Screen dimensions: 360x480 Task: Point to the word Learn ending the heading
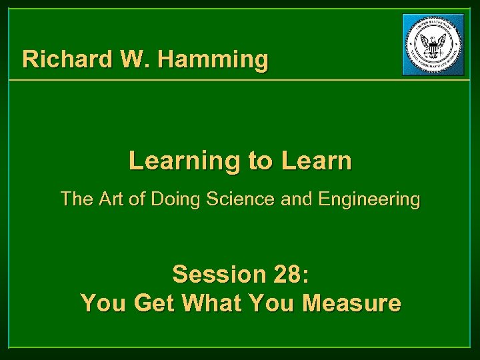(316, 161)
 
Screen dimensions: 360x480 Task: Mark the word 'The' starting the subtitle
(75, 199)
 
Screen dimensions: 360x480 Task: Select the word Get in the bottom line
(155, 303)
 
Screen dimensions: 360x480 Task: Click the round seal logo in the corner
(433, 45)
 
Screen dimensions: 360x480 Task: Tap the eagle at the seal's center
(433, 45)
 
